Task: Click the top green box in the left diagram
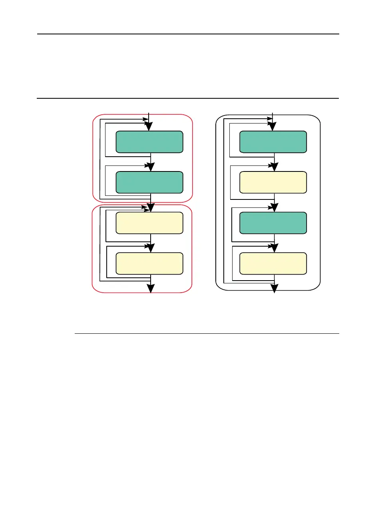(149, 142)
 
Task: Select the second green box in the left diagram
(149, 182)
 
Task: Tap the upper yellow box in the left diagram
(149, 223)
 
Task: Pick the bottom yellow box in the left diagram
(149, 263)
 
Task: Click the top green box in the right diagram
(273, 142)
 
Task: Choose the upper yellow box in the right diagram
(273, 182)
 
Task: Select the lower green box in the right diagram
(273, 223)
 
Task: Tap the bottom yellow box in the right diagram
(273, 263)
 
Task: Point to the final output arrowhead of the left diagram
(151, 289)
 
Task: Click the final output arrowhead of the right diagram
(274, 289)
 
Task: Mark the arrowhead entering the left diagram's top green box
(149, 127)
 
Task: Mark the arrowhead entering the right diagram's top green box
(273, 127)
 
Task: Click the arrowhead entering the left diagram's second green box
(151, 167)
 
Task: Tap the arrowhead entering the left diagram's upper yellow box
(151, 208)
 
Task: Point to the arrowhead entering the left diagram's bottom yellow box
(151, 248)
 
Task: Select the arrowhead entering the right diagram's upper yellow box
(274, 167)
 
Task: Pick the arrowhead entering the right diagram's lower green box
(274, 208)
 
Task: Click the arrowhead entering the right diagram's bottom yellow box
(274, 248)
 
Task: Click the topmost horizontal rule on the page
(188, 34)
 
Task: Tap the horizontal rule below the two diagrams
(207, 333)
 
